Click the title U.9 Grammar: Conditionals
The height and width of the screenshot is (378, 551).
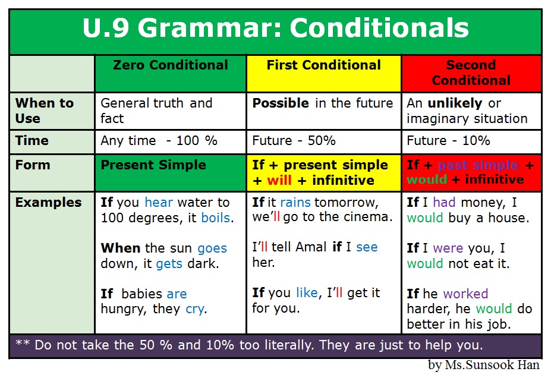click(x=275, y=29)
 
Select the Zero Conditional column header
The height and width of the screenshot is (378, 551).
click(x=171, y=65)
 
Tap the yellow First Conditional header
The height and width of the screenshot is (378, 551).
click(x=324, y=65)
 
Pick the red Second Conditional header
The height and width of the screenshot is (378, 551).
click(x=471, y=73)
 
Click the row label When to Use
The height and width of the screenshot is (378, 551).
click(x=45, y=111)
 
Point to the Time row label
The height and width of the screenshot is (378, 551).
click(x=32, y=141)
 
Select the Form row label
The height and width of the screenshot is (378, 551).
click(x=33, y=165)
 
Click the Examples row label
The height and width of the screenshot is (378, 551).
click(x=48, y=202)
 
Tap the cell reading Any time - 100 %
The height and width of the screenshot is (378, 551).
click(x=159, y=141)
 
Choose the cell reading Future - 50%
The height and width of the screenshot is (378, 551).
click(x=294, y=141)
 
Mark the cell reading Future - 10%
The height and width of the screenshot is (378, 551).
click(x=448, y=141)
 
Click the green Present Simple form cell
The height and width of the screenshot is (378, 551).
click(x=153, y=165)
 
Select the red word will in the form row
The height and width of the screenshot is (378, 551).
click(x=279, y=181)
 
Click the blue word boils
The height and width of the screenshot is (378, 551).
click(x=216, y=218)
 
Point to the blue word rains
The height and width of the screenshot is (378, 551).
click(x=295, y=202)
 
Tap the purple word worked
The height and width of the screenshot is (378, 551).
click(x=465, y=294)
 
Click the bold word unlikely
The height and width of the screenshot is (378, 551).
click(x=455, y=103)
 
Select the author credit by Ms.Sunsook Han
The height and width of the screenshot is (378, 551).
click(x=483, y=366)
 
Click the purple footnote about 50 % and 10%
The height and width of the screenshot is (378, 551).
click(x=259, y=345)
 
